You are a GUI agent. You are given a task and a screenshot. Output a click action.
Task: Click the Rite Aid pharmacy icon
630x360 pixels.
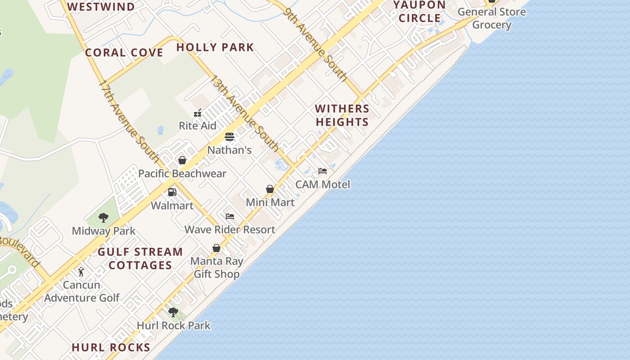click(198, 112)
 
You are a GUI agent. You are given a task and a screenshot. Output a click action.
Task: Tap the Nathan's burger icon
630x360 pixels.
click(229, 137)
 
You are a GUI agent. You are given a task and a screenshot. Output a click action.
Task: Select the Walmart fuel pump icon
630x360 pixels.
click(172, 192)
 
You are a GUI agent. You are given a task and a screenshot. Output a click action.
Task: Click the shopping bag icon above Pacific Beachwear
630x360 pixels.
click(182, 160)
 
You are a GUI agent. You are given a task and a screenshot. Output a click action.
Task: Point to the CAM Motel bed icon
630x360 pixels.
click(323, 171)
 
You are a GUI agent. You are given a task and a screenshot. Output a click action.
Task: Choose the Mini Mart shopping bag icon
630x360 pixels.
click(270, 189)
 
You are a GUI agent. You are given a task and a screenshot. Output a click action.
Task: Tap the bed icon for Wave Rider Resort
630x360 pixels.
click(230, 216)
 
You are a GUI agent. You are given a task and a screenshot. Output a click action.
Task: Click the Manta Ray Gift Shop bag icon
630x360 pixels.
click(216, 248)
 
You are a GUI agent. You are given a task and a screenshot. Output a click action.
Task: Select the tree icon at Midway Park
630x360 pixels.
click(103, 218)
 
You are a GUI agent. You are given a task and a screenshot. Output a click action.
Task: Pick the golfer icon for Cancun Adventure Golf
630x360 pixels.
click(81, 272)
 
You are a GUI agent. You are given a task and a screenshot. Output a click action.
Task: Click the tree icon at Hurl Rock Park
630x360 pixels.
click(173, 312)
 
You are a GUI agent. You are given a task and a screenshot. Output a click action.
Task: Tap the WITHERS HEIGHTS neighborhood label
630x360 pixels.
click(342, 115)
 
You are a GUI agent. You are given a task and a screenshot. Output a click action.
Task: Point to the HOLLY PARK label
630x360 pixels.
click(215, 47)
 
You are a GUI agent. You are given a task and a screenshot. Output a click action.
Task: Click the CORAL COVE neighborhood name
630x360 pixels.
click(124, 53)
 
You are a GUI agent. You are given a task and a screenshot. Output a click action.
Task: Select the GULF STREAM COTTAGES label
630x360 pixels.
click(140, 258)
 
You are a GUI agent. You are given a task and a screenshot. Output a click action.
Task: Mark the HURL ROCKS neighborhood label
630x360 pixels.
click(111, 347)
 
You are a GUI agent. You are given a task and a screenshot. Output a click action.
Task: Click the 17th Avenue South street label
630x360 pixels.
click(129, 121)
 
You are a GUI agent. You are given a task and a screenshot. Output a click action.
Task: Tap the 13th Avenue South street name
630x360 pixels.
click(245, 113)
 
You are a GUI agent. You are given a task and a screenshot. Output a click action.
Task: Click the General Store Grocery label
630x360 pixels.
click(491, 18)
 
